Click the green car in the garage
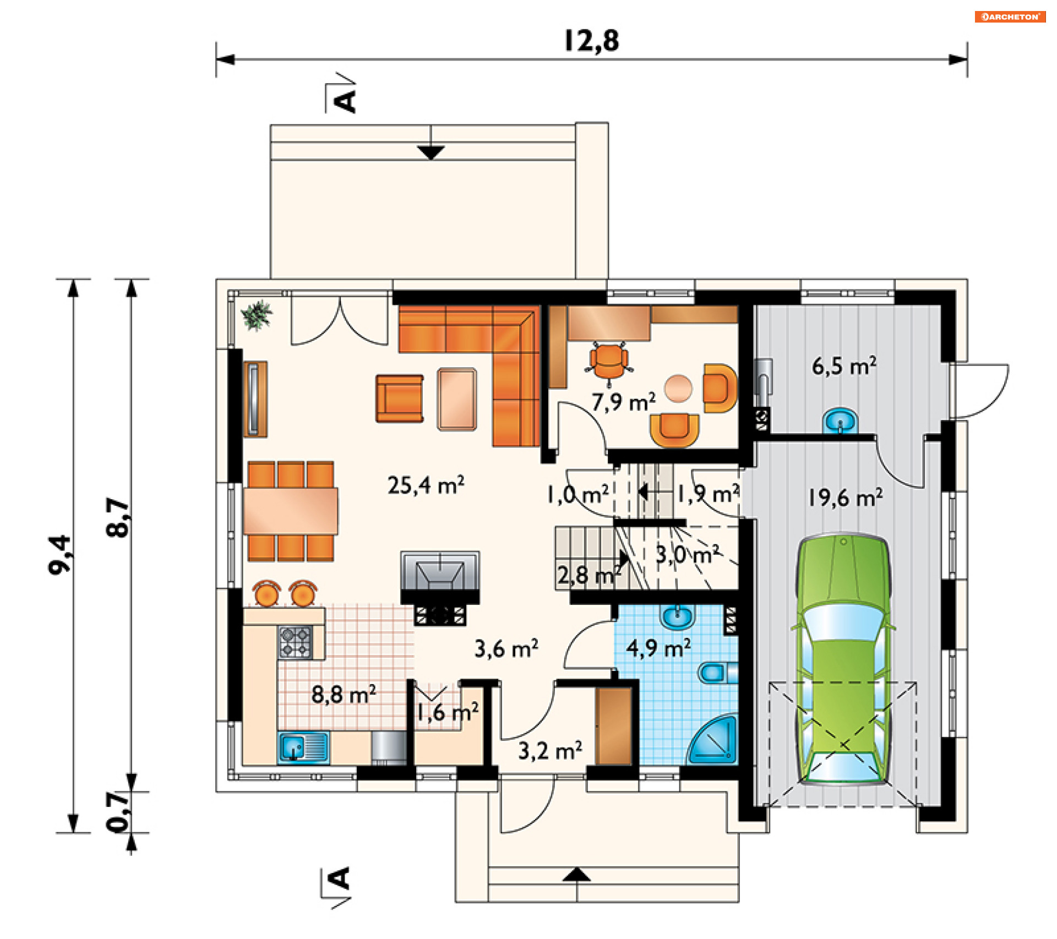coord(843,658)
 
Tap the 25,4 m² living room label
coord(426,485)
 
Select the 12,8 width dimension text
coord(592,40)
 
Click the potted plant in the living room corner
coord(257,315)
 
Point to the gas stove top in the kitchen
coord(296,642)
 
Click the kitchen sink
coord(303,747)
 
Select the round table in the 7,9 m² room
coord(678,389)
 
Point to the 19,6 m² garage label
coord(845,497)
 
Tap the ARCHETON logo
coord(1010,17)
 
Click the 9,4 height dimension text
coord(60,555)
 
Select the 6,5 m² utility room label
coord(844,366)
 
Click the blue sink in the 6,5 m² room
coord(840,421)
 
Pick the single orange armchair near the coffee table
coord(400,398)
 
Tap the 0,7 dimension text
coord(118,811)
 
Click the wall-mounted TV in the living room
coord(254,400)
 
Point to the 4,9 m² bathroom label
coord(658,648)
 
